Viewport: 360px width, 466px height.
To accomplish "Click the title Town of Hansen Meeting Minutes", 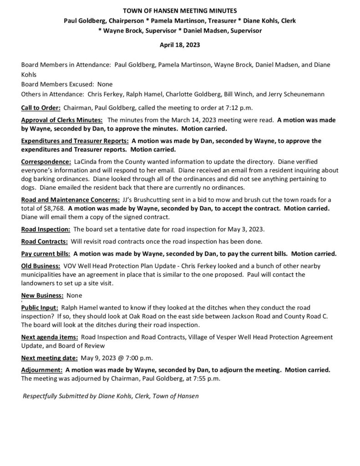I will tap(180, 10).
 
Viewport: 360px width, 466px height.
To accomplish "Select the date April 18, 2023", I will tap(179, 46).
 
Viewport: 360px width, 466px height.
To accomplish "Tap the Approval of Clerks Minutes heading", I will tap(62, 120).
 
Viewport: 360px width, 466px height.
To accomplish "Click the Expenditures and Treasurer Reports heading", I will tap(75, 142).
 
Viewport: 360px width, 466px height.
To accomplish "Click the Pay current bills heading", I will tap(46, 253).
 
